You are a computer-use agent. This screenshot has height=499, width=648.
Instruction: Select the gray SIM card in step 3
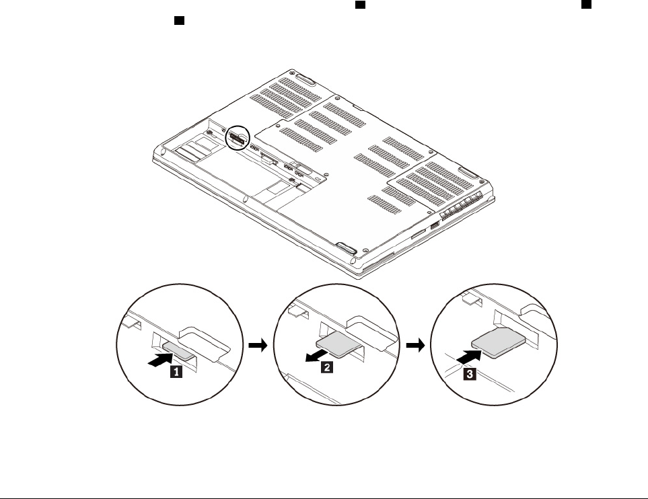pyautogui.click(x=497, y=344)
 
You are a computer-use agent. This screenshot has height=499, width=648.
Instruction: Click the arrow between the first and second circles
pyautogui.click(x=257, y=345)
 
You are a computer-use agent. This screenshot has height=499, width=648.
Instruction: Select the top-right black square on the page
pyautogui.click(x=587, y=4)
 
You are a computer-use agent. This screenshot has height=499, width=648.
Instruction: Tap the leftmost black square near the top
pyautogui.click(x=180, y=22)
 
